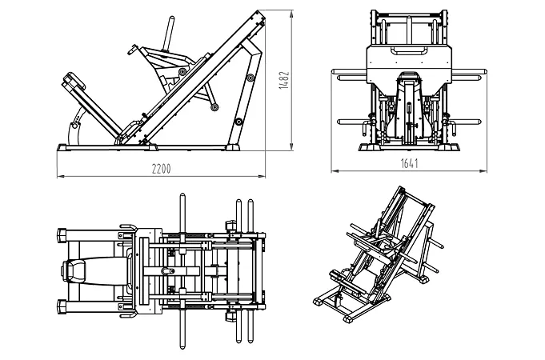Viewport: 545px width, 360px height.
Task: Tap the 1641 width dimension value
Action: [x=408, y=163]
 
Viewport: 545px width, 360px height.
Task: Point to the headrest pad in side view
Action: [x=74, y=82]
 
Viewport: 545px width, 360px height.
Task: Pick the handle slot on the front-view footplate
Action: [x=408, y=52]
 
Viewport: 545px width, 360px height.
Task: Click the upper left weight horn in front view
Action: [x=349, y=78]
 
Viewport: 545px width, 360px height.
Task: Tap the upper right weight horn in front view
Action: [x=468, y=78]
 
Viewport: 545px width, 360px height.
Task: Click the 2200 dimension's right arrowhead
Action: [x=264, y=174]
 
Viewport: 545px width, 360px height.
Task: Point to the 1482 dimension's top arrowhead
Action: [x=289, y=12]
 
